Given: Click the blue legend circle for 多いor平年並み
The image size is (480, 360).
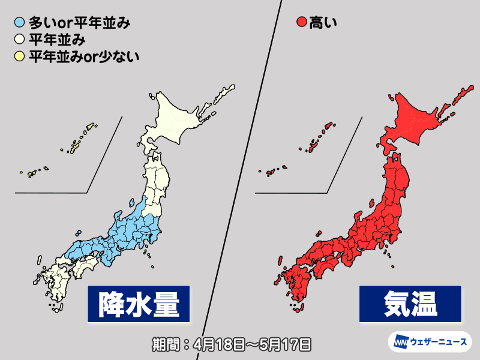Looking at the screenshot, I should pos(20,25).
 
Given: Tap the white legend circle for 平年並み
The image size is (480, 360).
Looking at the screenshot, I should pos(20,41).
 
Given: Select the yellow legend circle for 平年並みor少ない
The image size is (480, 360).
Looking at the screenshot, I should pos(20,57).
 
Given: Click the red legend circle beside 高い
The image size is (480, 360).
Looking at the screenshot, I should pos(302,25).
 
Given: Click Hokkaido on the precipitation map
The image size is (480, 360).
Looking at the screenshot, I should pos(180,120).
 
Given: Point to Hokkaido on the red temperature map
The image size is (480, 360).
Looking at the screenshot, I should pos(420,120).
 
